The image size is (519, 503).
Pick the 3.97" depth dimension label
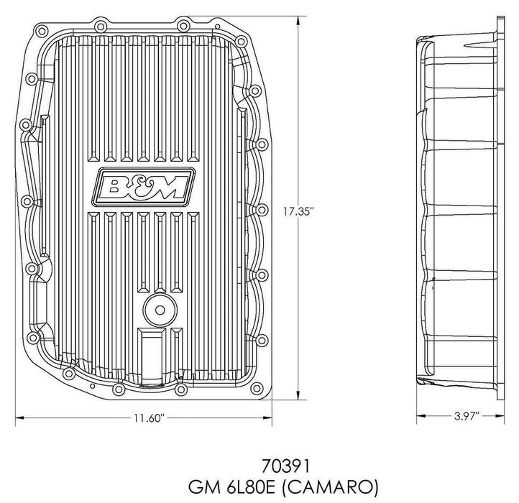click(x=465, y=417)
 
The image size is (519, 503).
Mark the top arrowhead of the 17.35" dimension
click(x=298, y=18)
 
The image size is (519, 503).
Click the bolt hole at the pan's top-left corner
click(x=41, y=31)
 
